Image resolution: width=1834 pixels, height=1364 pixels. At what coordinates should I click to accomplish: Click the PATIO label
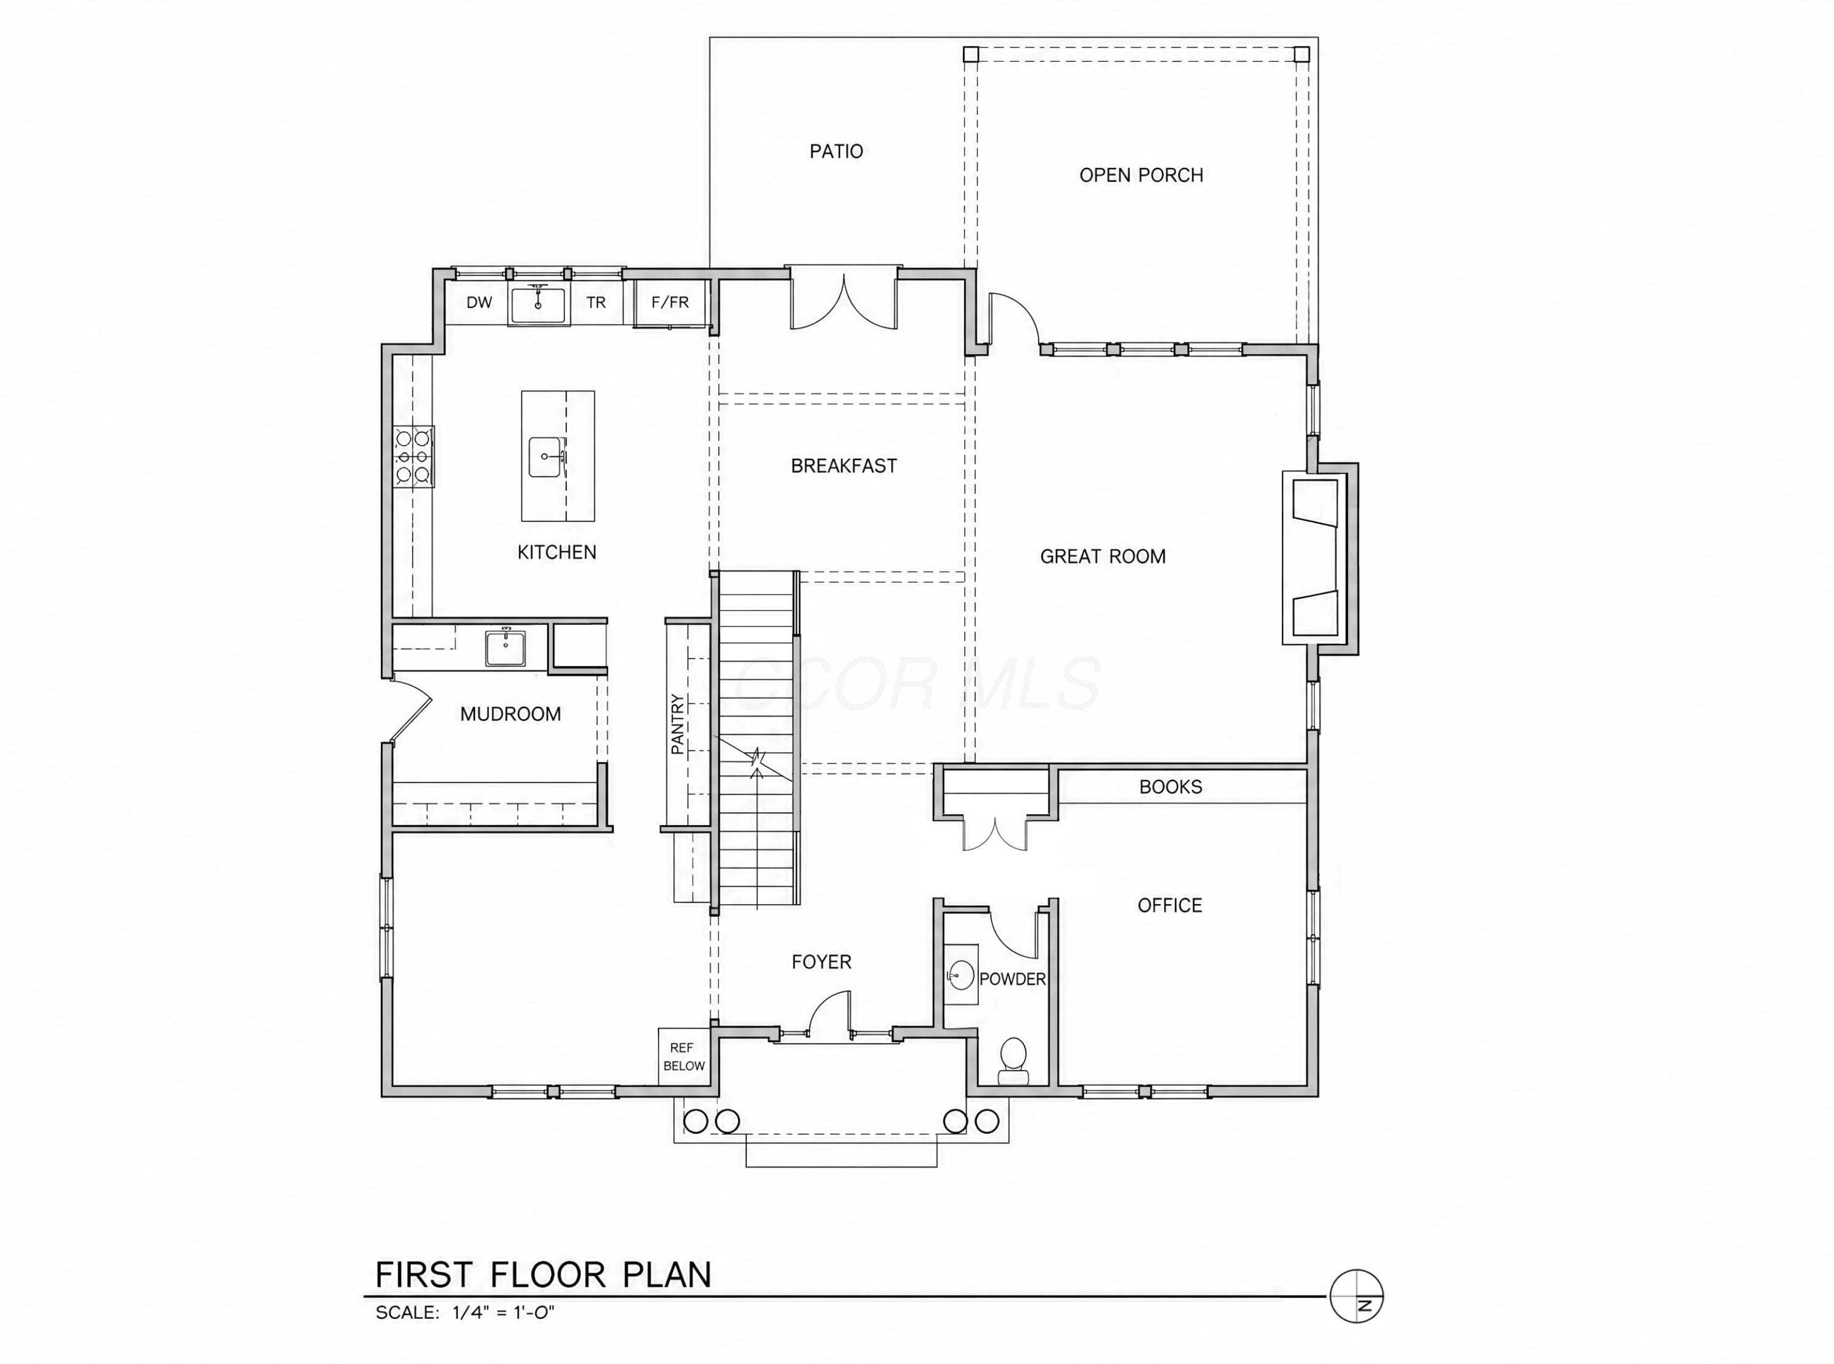click(836, 151)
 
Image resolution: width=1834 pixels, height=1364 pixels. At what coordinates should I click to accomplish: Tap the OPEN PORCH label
click(1141, 175)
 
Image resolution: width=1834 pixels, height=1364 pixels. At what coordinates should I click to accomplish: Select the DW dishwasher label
click(479, 302)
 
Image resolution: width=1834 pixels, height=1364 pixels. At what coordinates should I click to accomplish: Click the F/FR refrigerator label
click(670, 302)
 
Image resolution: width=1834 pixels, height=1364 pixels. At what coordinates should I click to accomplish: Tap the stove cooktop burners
click(413, 456)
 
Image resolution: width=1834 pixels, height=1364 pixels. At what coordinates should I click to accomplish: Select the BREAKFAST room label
click(844, 465)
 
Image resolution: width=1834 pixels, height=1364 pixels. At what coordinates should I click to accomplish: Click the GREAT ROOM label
click(1103, 556)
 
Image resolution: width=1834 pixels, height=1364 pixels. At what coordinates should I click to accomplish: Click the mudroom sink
click(505, 648)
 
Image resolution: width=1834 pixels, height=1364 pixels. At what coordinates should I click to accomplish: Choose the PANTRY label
click(677, 724)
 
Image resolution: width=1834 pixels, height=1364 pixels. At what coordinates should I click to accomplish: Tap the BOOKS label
click(1171, 787)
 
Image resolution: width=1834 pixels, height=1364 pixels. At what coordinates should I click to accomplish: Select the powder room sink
click(961, 974)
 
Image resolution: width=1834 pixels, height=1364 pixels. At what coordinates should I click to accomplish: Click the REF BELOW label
click(684, 1057)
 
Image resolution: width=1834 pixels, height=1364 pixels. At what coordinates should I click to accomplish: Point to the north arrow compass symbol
click(1357, 1296)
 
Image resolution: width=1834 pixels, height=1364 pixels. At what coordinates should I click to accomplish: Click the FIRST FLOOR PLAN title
click(543, 1274)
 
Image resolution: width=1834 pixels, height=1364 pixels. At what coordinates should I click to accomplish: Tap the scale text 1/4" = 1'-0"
click(503, 1313)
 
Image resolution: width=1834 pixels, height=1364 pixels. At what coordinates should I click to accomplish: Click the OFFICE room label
click(1170, 906)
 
